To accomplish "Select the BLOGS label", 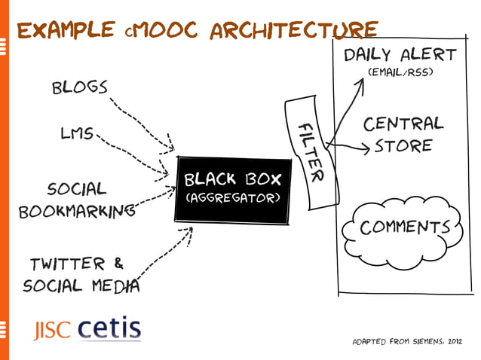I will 79,87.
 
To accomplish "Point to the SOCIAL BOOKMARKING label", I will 72,199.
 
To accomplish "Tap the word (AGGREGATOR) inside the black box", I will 233,199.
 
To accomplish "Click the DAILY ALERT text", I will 400,55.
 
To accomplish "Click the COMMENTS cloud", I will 404,227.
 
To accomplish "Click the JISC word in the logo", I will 51,331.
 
